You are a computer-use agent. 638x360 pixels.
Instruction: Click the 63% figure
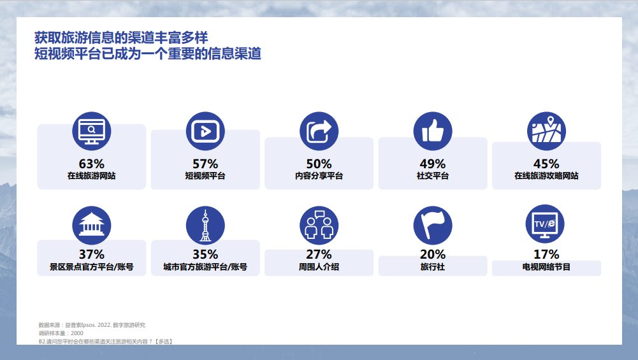coord(92,164)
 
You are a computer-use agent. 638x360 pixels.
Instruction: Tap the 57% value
coord(205,164)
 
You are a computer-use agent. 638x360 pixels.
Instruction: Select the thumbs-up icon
coord(433,131)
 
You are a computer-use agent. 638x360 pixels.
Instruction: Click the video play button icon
coord(205,131)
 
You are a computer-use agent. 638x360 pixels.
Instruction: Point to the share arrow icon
coord(319,131)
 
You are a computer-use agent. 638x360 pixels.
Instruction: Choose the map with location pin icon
coord(546,131)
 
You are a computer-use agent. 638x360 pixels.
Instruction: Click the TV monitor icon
coord(545,224)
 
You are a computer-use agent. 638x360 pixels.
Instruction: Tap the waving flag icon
coord(433,226)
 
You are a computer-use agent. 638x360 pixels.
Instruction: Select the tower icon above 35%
coord(205,226)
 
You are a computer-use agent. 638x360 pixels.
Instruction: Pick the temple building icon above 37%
coord(92,226)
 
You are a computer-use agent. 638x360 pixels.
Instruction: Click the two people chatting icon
coord(319,226)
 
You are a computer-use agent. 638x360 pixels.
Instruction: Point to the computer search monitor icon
coord(92,131)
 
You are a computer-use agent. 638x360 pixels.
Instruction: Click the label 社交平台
coord(433,176)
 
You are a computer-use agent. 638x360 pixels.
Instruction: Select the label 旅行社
coord(433,267)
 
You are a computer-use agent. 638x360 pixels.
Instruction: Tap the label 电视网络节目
coord(546,267)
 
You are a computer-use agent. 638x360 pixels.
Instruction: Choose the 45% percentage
coord(546,164)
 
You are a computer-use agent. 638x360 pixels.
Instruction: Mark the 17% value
coord(546,255)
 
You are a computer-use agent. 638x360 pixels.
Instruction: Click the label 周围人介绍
coord(319,267)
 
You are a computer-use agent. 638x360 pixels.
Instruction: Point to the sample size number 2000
coord(77,333)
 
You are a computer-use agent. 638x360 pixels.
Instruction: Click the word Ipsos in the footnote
coord(89,325)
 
